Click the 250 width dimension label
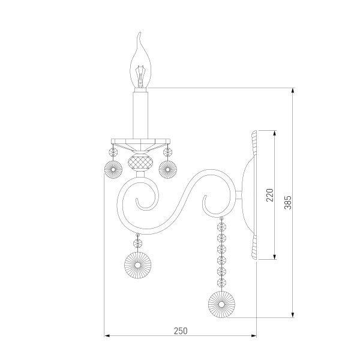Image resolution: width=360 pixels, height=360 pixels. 181,331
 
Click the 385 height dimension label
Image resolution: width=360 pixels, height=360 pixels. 288,203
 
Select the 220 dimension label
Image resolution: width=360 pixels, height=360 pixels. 270,195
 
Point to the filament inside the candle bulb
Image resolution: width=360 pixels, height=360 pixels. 140,76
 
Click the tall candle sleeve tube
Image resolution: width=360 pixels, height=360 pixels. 140,115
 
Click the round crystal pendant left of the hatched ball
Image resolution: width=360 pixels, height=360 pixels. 113,170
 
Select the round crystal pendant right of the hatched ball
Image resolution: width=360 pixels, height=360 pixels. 168,170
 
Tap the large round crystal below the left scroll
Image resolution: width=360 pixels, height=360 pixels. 138,265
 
